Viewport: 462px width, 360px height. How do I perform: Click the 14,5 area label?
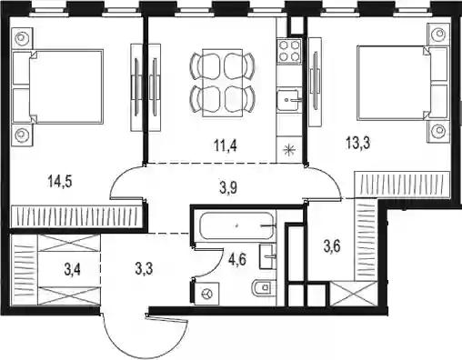pyautogui.click(x=60, y=182)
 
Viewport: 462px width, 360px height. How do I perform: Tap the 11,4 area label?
pyautogui.click(x=226, y=145)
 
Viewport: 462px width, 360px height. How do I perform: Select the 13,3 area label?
pyautogui.click(x=357, y=143)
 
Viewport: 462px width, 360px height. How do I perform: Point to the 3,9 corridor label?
pyautogui.click(x=228, y=188)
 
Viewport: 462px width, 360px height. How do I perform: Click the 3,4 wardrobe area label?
pyautogui.click(x=73, y=269)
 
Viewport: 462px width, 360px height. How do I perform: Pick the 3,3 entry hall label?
pyautogui.click(x=144, y=268)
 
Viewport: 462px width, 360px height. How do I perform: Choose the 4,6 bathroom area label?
pyautogui.click(x=237, y=259)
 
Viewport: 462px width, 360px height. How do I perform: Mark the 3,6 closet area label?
pyautogui.click(x=332, y=245)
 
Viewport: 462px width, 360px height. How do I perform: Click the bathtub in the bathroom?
pyautogui.click(x=236, y=226)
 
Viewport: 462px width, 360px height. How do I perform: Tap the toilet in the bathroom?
pyautogui.click(x=264, y=287)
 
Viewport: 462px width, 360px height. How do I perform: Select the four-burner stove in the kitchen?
pyautogui.click(x=289, y=51)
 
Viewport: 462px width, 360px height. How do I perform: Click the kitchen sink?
pyautogui.click(x=288, y=100)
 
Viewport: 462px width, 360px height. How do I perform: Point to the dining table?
pyautogui.click(x=223, y=83)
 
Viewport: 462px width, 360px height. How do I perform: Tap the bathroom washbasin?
pyautogui.click(x=267, y=256)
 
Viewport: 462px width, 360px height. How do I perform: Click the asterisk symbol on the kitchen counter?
pyautogui.click(x=288, y=150)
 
